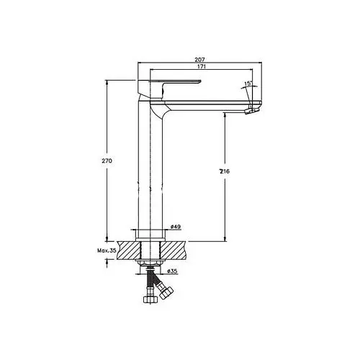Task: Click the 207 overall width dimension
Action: [x=199, y=59]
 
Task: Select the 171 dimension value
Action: [x=202, y=67]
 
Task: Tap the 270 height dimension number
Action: [x=107, y=161]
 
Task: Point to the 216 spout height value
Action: [x=224, y=171]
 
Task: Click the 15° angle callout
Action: [x=248, y=84]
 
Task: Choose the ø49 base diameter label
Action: [x=176, y=227]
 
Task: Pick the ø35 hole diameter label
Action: [x=172, y=271]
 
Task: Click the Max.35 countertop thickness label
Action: [x=107, y=251]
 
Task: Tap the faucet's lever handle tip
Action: [x=199, y=81]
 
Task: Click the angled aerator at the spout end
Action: [x=252, y=111]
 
